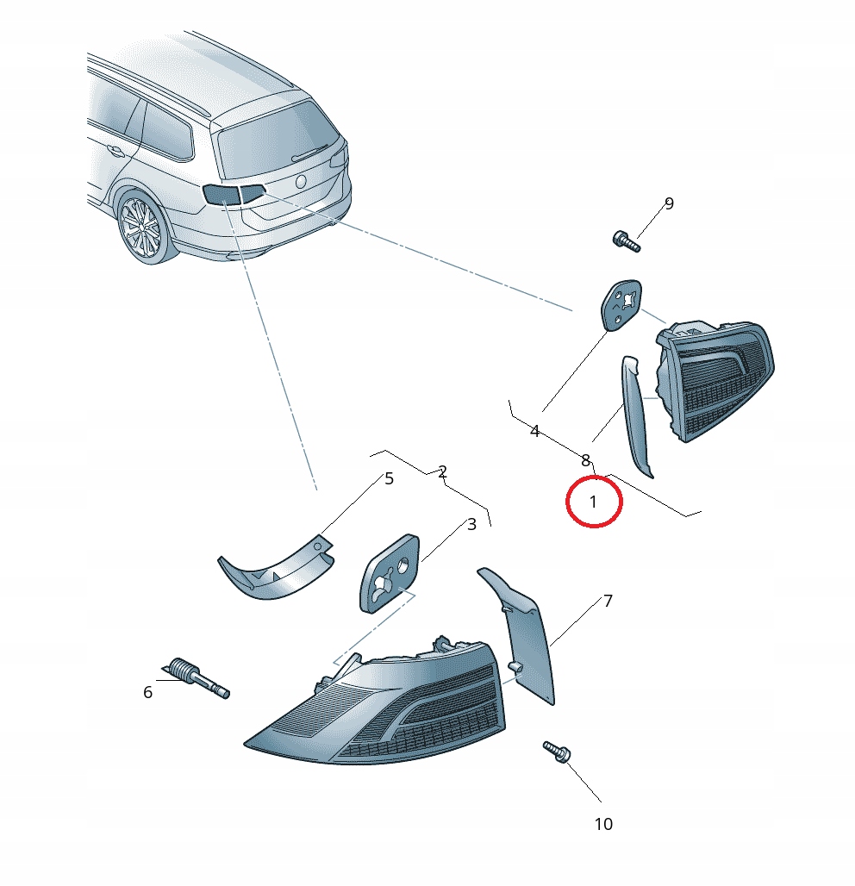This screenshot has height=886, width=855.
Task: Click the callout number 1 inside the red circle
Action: (593, 502)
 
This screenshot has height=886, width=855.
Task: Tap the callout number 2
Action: (442, 471)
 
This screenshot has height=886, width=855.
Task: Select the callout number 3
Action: (471, 524)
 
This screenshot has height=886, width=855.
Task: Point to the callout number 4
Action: (534, 432)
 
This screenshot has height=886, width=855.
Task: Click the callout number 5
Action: (389, 478)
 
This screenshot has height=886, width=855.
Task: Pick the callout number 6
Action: (147, 692)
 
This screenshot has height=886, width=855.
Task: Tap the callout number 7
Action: (608, 602)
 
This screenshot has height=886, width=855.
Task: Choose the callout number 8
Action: (585, 460)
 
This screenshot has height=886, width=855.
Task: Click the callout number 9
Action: (669, 204)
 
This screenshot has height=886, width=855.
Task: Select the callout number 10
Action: (603, 825)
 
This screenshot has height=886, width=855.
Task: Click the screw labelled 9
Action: (626, 241)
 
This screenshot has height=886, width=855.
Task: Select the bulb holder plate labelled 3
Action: (390, 573)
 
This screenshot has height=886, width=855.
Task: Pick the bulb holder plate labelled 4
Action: (621, 304)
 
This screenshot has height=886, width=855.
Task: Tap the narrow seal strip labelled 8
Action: (636, 415)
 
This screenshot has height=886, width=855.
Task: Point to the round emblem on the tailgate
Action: (301, 182)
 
